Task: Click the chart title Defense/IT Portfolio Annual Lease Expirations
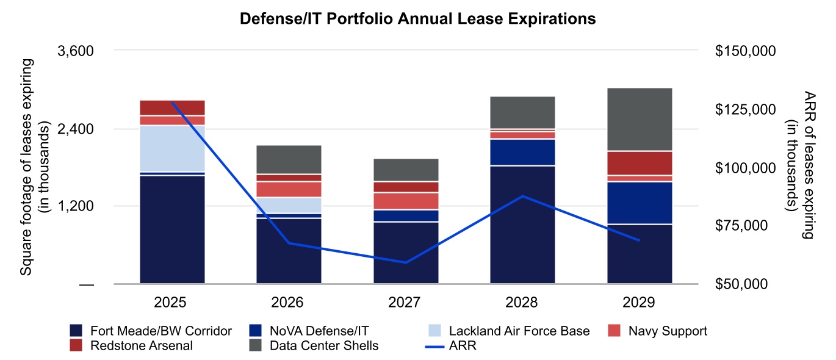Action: pyautogui.click(x=417, y=20)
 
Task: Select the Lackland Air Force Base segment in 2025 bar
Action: pyautogui.click(x=172, y=148)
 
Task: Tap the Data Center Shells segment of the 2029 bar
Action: pyautogui.click(x=640, y=119)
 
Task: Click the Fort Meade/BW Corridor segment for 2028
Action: pyautogui.click(x=522, y=224)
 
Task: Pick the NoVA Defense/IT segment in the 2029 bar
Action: pyautogui.click(x=640, y=203)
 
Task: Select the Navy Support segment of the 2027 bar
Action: pyautogui.click(x=406, y=201)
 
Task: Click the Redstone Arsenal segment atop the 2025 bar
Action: pyautogui.click(x=172, y=107)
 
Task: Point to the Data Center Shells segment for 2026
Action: pyautogui.click(x=289, y=159)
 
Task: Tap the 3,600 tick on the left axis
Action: pyautogui.click(x=75, y=51)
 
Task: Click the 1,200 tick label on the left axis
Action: pyautogui.click(x=75, y=206)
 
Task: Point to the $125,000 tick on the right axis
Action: pyautogui.click(x=744, y=109)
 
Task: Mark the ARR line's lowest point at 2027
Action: pyautogui.click(x=406, y=262)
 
